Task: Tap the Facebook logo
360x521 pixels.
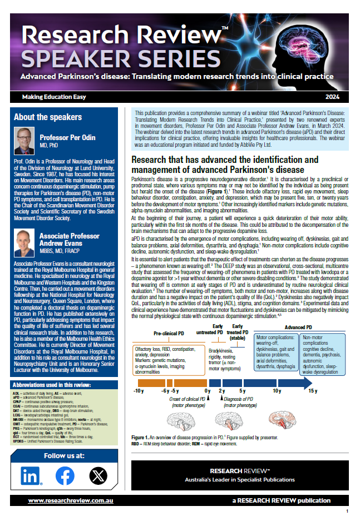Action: point(65,475)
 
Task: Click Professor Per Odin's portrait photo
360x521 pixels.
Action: point(24,141)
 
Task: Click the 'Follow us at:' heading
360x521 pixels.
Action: point(64,456)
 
